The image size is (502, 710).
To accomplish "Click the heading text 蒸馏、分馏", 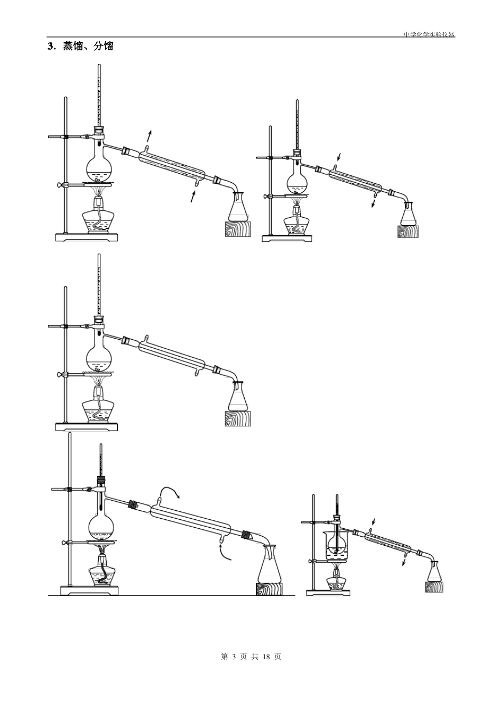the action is [x=88, y=46].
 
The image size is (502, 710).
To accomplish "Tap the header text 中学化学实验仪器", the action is [x=430, y=34].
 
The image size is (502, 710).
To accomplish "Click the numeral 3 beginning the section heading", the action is [x=50, y=46].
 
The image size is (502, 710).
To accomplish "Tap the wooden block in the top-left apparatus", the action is [x=238, y=229].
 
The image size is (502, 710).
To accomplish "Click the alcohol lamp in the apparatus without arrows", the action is [x=98, y=404].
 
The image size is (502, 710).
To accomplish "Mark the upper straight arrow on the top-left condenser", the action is [x=149, y=136].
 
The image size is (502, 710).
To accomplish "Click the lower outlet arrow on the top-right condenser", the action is [x=374, y=203].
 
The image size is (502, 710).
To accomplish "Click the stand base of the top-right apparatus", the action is [x=287, y=238].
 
